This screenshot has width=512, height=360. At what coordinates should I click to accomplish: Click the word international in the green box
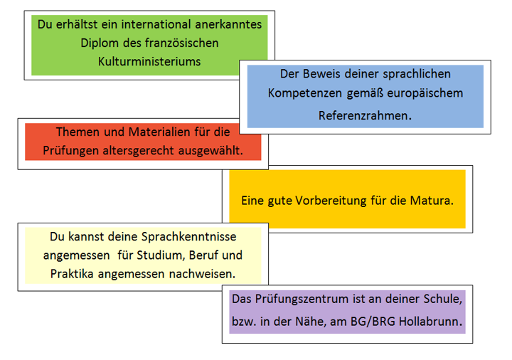click(x=156, y=24)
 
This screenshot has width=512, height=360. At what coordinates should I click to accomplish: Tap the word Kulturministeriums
click(x=149, y=62)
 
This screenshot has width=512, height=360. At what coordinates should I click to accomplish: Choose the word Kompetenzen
click(x=305, y=94)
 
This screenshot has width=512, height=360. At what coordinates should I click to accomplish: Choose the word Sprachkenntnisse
click(x=188, y=237)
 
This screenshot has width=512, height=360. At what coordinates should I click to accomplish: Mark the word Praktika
click(x=72, y=274)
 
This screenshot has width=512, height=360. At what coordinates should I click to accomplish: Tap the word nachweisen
click(x=202, y=274)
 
